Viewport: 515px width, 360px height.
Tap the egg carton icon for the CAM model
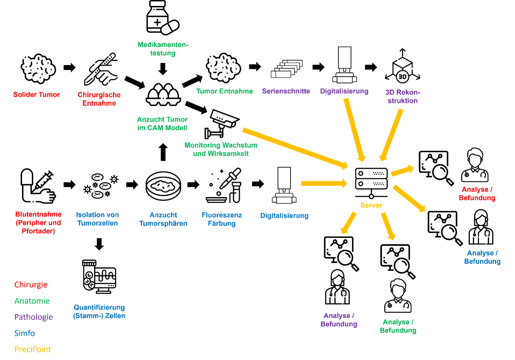click(x=163, y=95)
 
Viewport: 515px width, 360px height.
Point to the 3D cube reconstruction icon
click(x=402, y=67)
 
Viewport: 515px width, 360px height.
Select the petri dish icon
click(x=163, y=186)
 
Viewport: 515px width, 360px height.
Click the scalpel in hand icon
click(x=101, y=69)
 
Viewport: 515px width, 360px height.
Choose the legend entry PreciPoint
click(x=33, y=349)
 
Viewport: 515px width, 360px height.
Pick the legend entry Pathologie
click(x=34, y=317)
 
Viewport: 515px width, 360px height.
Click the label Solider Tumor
click(x=36, y=95)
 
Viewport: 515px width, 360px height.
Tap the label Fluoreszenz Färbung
click(x=222, y=219)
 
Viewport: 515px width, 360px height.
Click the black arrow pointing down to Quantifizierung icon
click(x=99, y=244)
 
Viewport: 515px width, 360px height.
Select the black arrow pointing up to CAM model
click(x=163, y=152)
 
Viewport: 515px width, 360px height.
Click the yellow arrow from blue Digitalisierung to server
click(x=324, y=183)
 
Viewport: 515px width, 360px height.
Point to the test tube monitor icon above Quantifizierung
click(x=99, y=277)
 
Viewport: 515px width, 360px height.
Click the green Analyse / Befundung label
click(x=398, y=326)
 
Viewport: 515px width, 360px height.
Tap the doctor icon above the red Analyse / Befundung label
click(x=475, y=165)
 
